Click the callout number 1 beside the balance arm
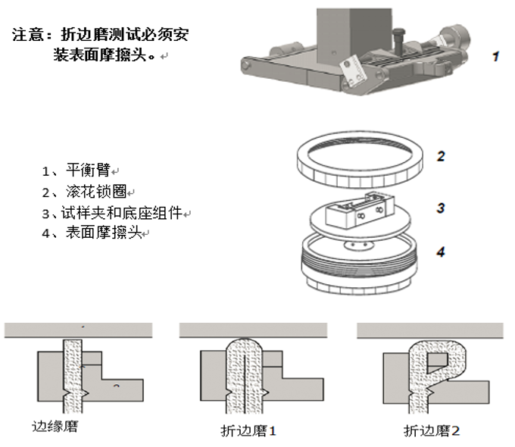pos(496,56)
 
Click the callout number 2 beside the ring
pos(441,157)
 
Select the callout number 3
pos(441,208)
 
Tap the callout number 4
pos(441,252)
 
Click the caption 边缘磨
pos(55,427)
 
